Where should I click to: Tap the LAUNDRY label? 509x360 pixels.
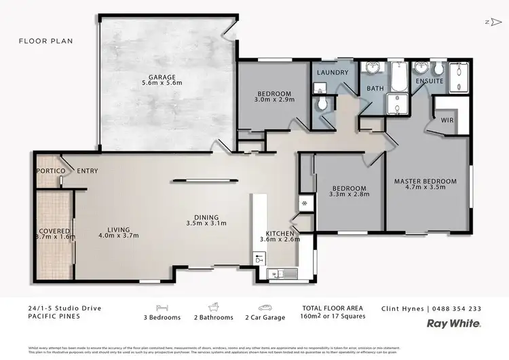333,73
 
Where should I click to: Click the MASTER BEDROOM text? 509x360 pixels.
426,181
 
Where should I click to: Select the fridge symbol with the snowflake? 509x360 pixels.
305,203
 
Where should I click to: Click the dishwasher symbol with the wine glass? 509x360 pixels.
259,258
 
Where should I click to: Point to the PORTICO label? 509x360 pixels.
50,171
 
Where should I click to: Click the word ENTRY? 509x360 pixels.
86,171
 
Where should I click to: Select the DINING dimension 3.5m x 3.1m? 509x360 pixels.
206,223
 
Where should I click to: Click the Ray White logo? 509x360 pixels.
453,324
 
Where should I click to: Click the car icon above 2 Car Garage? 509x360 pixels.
264,307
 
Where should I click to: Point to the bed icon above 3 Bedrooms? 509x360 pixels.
162,307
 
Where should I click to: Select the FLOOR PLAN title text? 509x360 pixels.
45,41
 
